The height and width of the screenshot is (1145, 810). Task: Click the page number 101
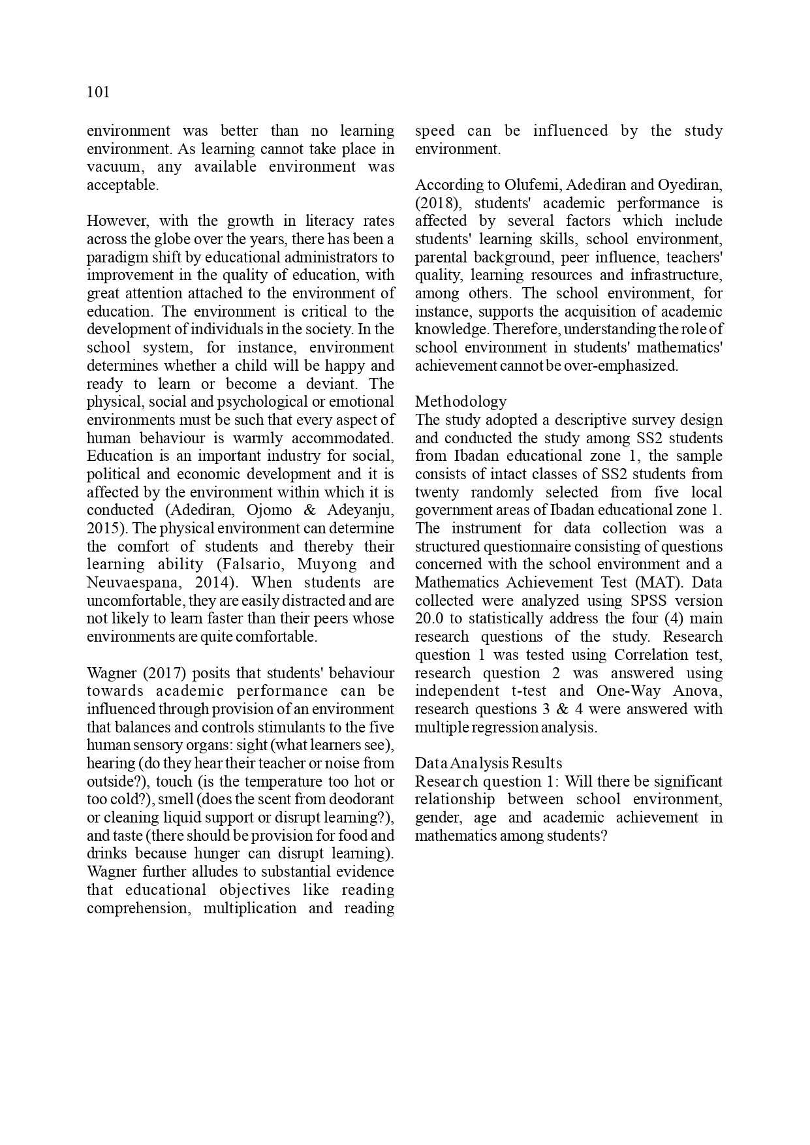(98, 93)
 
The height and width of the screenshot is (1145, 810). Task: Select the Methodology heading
(461, 401)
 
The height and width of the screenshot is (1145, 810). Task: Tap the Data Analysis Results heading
(488, 763)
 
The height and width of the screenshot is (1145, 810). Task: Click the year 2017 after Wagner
(154, 673)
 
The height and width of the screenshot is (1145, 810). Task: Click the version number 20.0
(429, 619)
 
